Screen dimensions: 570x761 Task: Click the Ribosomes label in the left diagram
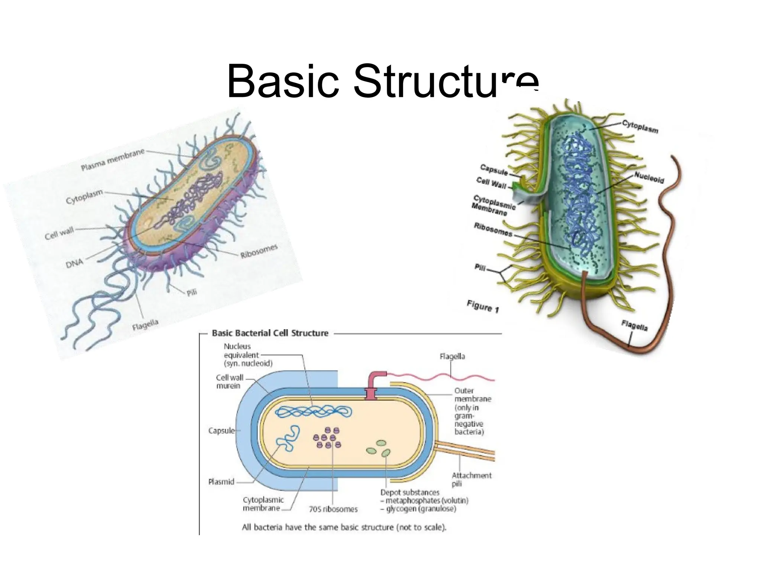pos(259,251)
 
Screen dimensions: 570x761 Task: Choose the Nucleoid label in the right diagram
pos(649,177)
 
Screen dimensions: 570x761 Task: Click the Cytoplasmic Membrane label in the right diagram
pos(493,205)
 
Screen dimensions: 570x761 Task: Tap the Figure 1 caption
pos(483,307)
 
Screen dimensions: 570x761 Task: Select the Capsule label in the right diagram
pos(493,170)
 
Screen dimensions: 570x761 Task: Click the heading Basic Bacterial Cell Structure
pos(270,333)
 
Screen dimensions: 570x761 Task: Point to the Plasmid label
pos(221,482)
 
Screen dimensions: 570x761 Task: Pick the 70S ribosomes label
pos(333,510)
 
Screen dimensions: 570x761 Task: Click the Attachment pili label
pos(471,479)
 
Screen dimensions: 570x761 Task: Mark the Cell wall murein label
pos(229,382)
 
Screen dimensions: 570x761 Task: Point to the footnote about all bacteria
pos(344,527)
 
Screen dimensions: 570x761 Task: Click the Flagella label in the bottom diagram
pos(452,357)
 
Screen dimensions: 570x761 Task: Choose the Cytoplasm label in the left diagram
pos(84,197)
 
